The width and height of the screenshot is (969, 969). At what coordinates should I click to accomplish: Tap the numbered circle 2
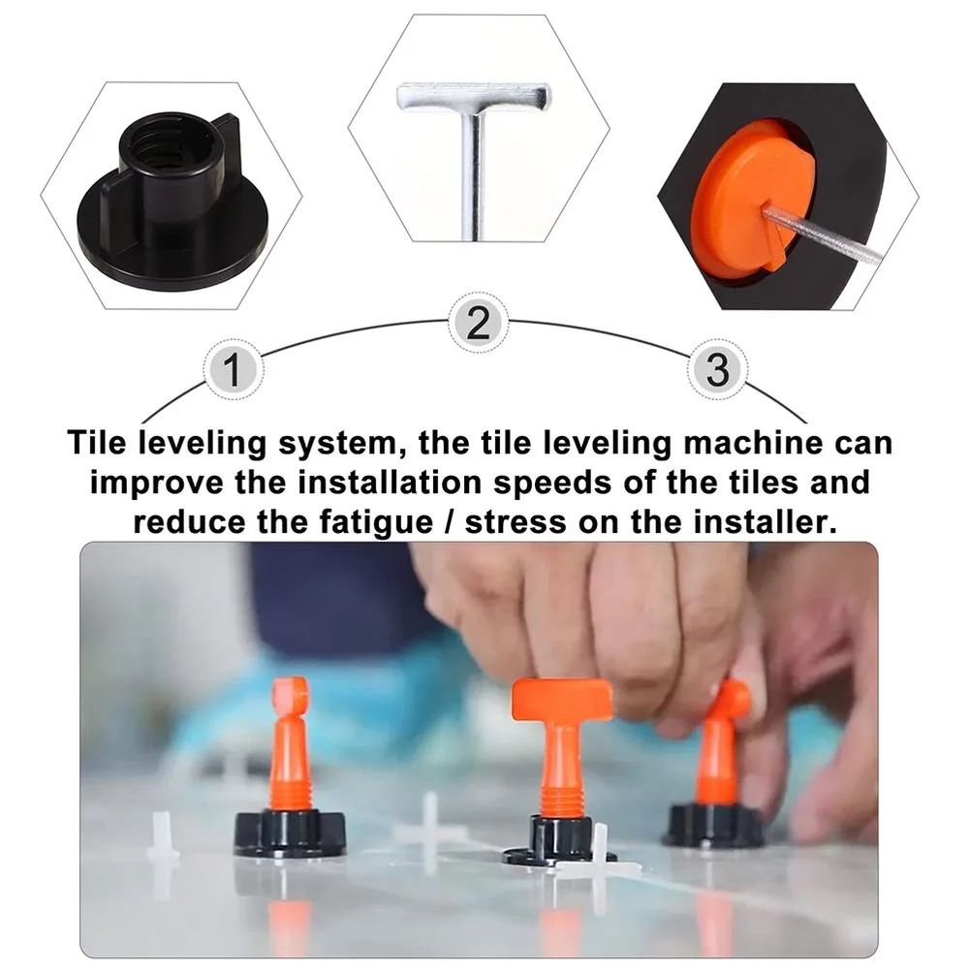(x=479, y=323)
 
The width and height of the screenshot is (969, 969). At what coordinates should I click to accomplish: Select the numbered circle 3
(x=716, y=370)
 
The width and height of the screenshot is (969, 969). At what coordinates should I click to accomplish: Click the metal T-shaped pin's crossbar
(x=473, y=96)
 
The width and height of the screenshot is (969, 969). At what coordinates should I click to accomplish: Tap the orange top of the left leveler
(x=289, y=696)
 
